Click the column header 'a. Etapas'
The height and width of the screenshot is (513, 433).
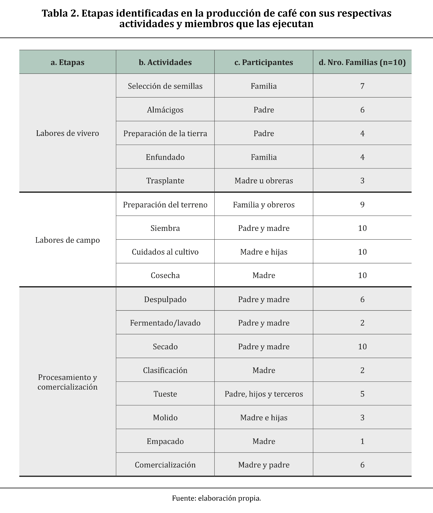(x=67, y=62)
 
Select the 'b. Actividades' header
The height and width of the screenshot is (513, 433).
(x=165, y=62)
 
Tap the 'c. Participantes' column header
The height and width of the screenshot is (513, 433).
(x=264, y=62)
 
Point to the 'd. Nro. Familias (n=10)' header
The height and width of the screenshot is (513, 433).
(x=362, y=62)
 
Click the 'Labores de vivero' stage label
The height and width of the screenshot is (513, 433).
(x=67, y=133)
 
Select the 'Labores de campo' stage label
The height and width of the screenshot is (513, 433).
(x=67, y=240)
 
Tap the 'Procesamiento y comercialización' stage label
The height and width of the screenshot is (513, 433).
(x=67, y=382)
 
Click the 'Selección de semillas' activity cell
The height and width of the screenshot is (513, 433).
(x=165, y=86)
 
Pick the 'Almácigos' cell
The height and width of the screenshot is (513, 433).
(x=165, y=110)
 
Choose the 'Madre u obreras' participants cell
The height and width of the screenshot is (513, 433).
(x=264, y=181)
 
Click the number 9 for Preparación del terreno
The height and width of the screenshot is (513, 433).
(x=362, y=205)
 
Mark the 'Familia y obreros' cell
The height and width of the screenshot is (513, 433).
(x=264, y=205)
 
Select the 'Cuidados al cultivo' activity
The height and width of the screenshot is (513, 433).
(x=165, y=252)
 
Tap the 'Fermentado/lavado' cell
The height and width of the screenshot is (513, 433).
(x=165, y=323)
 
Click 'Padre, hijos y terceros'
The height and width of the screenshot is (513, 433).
(x=264, y=394)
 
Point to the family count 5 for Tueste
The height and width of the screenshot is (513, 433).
(x=362, y=394)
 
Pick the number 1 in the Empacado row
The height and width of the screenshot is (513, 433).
(x=362, y=441)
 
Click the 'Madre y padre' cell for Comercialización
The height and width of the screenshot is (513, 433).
(x=264, y=465)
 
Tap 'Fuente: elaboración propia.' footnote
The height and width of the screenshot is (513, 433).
(x=216, y=498)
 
